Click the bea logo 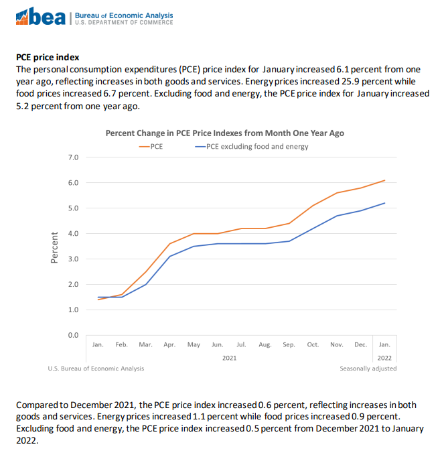(42, 17)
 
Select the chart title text (224, 133)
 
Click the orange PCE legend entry (151, 145)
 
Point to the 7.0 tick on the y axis (74, 157)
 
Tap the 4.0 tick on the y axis (74, 234)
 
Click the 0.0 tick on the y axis (74, 335)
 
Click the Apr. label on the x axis (169, 344)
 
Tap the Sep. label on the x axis (289, 344)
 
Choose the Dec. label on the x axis (360, 344)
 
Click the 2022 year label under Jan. (384, 358)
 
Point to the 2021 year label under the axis (229, 358)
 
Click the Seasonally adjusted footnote (368, 369)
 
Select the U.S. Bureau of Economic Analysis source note (96, 369)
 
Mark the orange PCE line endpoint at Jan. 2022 (384, 180)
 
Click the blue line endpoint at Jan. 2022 (384, 203)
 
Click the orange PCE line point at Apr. (169, 243)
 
